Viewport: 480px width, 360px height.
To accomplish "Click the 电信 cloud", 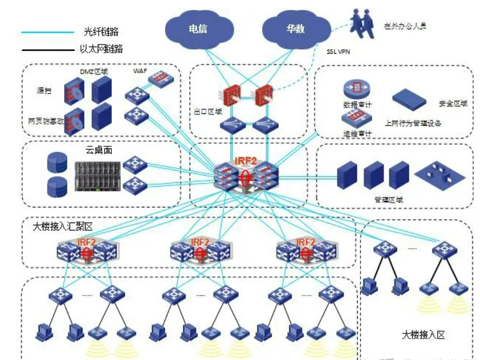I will pos(198,29).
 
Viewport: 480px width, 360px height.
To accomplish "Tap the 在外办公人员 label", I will pos(405,25).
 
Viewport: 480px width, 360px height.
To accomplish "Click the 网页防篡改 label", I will pos(45,121).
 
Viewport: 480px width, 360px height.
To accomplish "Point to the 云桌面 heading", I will pos(99,150).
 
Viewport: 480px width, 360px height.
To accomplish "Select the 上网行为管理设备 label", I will pos(413,123).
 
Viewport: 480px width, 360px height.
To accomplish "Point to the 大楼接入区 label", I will pos(423,334).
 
